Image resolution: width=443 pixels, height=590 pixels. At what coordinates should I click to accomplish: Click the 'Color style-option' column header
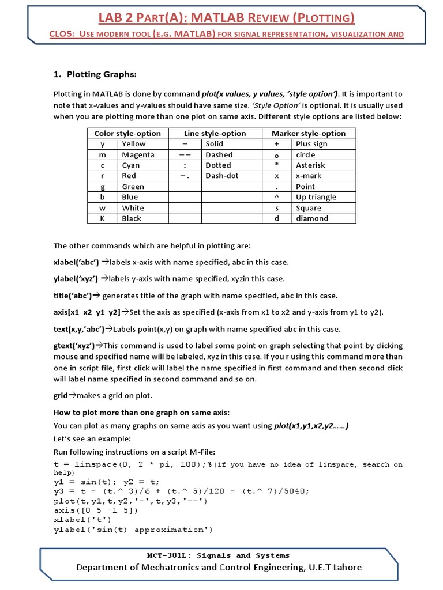coord(127,133)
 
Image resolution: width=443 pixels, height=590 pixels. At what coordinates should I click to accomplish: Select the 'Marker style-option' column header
coord(309,133)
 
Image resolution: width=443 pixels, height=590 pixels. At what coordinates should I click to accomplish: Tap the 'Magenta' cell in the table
coord(138,154)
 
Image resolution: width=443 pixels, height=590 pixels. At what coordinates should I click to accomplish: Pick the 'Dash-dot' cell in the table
coord(221,176)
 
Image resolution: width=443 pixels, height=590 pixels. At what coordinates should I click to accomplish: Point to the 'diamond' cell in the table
coord(311,218)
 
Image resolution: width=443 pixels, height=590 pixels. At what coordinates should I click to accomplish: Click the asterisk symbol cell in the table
coord(276,165)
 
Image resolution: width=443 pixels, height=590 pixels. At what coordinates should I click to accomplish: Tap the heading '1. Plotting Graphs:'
coord(95,74)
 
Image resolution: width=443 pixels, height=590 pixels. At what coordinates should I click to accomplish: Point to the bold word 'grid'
coord(61,396)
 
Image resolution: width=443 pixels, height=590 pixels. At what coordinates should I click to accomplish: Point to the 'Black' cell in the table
coord(132,218)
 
